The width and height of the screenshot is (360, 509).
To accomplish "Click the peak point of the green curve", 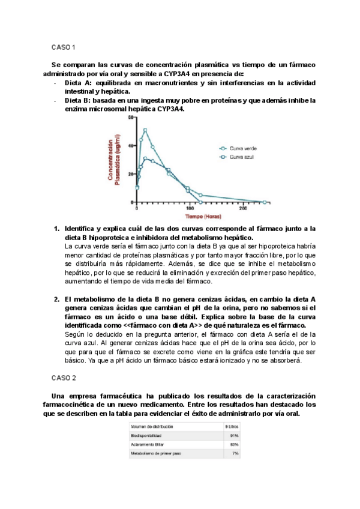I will (x=145, y=130).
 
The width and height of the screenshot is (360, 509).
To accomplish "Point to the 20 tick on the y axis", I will (x=131, y=174).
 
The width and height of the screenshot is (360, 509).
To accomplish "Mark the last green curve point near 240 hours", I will (x=264, y=202).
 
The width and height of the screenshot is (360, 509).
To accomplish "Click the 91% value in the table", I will (x=234, y=435).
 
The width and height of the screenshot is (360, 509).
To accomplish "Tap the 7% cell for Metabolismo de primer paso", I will (x=235, y=453).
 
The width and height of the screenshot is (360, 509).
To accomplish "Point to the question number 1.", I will (x=56, y=229).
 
